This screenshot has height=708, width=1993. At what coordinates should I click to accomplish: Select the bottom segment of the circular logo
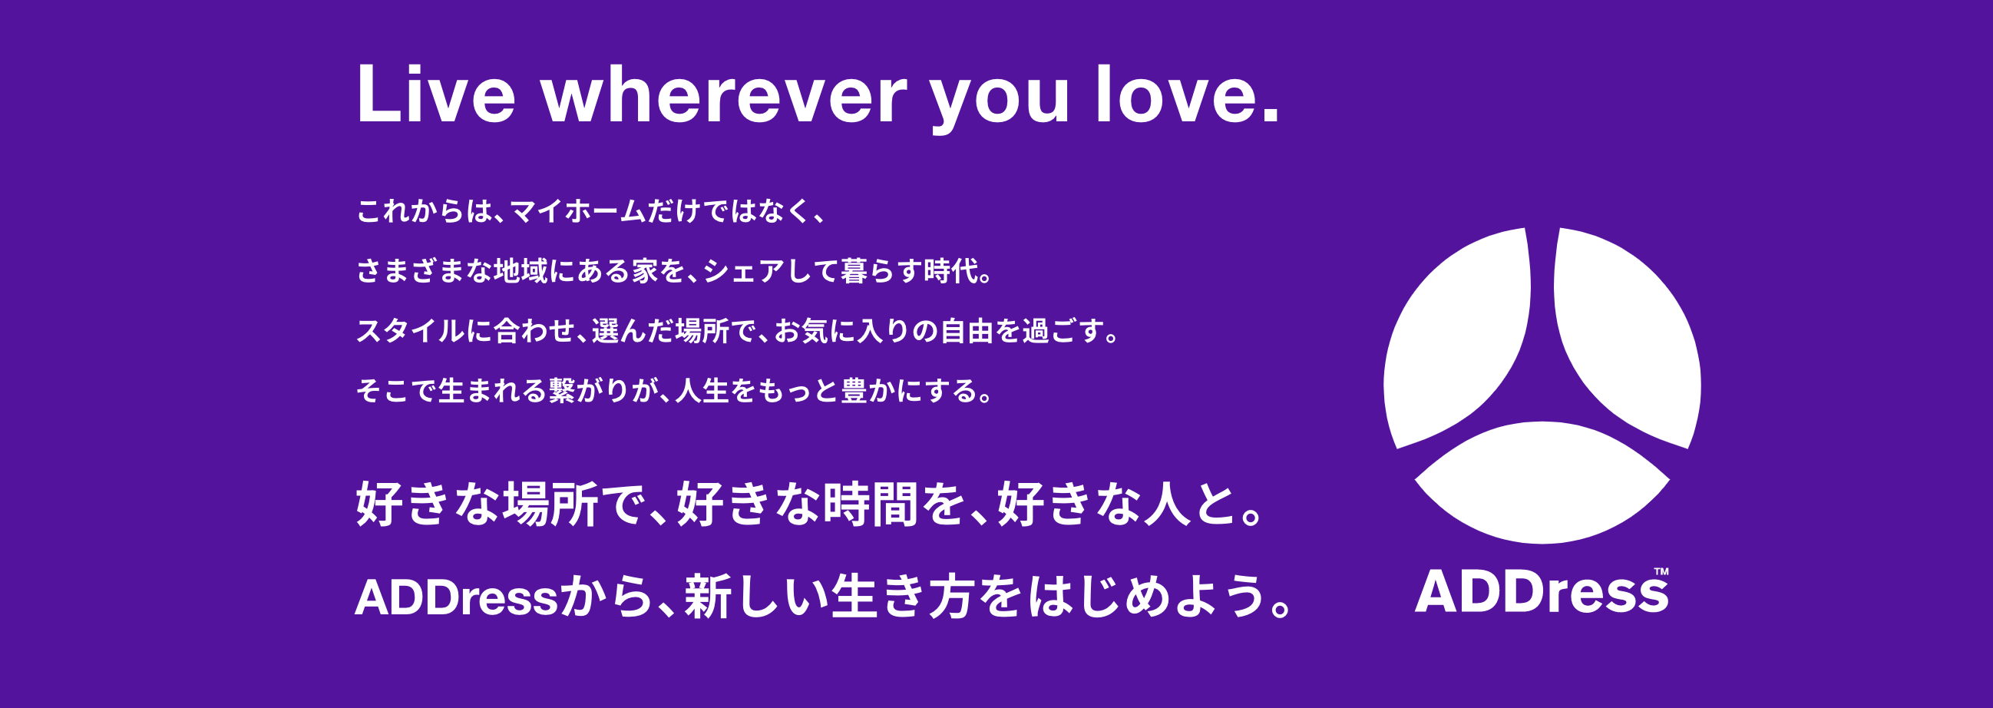[x=1542, y=484]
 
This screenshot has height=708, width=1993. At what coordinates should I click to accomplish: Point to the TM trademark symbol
[x=1661, y=572]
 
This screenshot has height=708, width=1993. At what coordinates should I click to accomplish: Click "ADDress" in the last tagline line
[x=457, y=598]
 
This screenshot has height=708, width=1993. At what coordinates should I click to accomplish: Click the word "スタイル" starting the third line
[x=411, y=331]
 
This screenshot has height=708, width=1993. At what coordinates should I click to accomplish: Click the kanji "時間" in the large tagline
[x=871, y=505]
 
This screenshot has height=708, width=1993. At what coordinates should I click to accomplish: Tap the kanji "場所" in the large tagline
[x=550, y=505]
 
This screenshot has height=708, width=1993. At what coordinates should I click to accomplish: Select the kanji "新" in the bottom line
[x=707, y=597]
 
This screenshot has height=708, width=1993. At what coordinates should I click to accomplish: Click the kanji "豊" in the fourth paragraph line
[x=854, y=391]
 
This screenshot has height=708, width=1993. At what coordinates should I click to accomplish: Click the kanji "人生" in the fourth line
[x=702, y=391]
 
